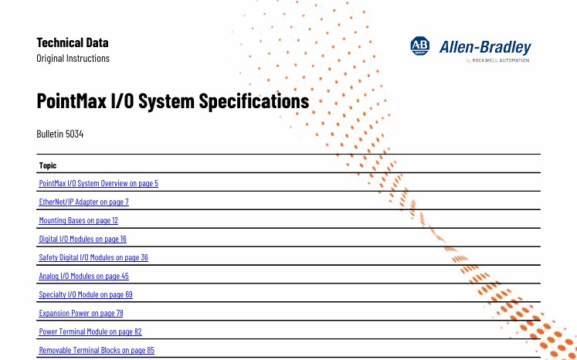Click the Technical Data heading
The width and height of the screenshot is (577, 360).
(73, 42)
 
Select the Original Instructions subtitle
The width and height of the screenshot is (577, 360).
(73, 58)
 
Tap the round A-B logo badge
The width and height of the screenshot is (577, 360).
(420, 46)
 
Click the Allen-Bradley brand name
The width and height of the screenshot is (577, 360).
(485, 47)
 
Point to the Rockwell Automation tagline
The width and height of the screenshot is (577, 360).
(498, 60)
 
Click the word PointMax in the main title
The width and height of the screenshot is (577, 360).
(72, 100)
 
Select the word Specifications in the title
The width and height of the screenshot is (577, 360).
(254, 101)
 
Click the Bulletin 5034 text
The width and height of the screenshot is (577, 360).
(60, 134)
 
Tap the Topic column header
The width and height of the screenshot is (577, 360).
(48, 165)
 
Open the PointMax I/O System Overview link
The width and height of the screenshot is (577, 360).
(99, 183)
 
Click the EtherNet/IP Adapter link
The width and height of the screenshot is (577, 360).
(84, 202)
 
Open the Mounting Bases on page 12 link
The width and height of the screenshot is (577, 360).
(78, 220)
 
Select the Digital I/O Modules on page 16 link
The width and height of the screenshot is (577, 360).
(83, 239)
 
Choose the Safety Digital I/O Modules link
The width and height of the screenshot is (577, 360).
(93, 257)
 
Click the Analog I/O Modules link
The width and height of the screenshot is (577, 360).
(84, 276)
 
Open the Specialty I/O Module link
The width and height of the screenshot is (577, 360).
(86, 294)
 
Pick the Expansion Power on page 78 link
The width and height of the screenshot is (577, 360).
(81, 313)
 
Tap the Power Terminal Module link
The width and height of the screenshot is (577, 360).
(90, 331)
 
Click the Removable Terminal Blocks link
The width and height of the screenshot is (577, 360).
(97, 350)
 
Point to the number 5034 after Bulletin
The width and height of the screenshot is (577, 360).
(74, 134)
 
